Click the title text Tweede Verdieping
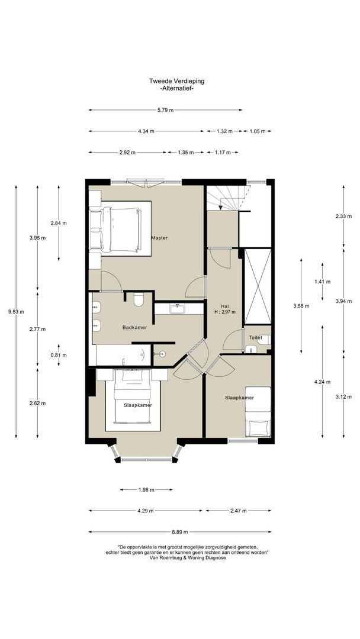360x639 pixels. coord(176,81)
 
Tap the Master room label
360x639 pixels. coord(159,238)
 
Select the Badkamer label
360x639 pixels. coord(134,327)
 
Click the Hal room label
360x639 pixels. coord(224,306)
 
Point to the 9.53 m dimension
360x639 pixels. coord(16,312)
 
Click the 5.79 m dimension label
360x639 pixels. coord(166,110)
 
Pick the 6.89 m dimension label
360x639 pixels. coord(180,532)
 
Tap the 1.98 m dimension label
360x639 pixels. coord(146,490)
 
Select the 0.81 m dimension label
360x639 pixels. coord(58,356)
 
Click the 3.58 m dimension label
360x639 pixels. coord(301,306)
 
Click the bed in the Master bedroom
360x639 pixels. coord(116,228)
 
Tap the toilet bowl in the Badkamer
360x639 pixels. coord(138,299)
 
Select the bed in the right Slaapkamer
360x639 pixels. coord(258,412)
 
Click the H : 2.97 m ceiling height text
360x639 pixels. coord(224,312)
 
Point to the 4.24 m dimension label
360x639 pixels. coord(322,382)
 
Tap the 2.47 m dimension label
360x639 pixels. coord(237,511)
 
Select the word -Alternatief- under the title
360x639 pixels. coord(176,88)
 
